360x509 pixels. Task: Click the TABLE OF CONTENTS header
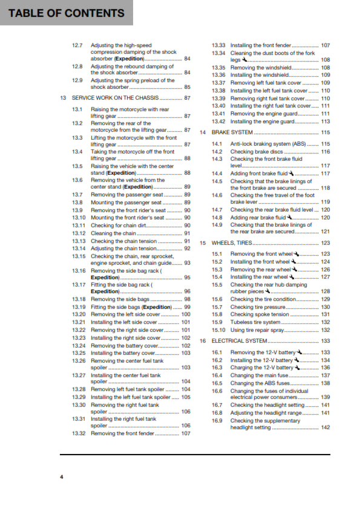coord(67,13)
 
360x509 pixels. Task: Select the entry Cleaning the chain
coord(113,233)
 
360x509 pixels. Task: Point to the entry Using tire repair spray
coord(260,330)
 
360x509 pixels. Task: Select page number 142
coord(325,427)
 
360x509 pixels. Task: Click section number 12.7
coord(77,45)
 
